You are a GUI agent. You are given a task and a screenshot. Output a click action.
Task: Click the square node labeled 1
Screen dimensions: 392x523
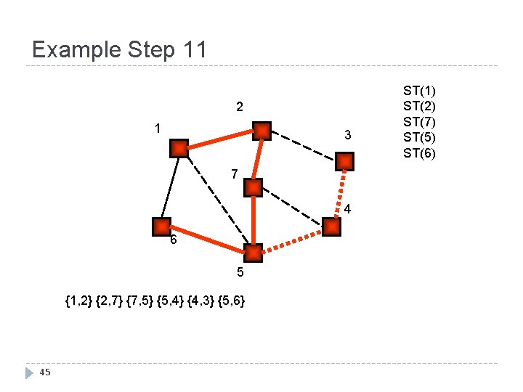pyautogui.click(x=179, y=149)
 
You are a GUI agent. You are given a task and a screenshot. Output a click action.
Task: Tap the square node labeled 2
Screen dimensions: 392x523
pyautogui.click(x=261, y=131)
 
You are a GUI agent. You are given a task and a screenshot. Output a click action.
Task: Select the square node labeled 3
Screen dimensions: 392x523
pyautogui.click(x=346, y=161)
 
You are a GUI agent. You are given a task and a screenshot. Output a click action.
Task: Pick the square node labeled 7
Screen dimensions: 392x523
pyautogui.click(x=253, y=188)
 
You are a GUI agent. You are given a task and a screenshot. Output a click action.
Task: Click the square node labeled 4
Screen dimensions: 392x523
pyautogui.click(x=331, y=227)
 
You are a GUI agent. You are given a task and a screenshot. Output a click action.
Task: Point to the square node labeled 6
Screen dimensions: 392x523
pyautogui.click(x=161, y=226)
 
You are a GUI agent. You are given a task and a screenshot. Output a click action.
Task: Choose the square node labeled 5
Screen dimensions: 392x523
pyautogui.click(x=253, y=253)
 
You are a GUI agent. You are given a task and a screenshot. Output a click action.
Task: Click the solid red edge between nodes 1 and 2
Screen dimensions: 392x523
pyautogui.click(x=220, y=140)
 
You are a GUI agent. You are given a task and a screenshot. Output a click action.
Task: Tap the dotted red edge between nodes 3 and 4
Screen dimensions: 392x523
pyautogui.click(x=338, y=194)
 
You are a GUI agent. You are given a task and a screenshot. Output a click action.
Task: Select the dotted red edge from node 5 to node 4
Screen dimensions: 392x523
pyautogui.click(x=292, y=240)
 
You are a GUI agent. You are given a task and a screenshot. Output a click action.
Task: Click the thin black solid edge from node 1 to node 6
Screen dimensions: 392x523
pyautogui.click(x=170, y=187)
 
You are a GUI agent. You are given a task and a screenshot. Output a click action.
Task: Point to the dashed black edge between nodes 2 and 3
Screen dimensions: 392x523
pyautogui.click(x=304, y=146)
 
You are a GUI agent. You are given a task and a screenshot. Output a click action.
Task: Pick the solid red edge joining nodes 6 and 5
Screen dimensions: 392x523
pyautogui.click(x=207, y=240)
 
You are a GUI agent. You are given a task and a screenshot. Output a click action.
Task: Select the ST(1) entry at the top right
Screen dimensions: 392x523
pyautogui.click(x=420, y=91)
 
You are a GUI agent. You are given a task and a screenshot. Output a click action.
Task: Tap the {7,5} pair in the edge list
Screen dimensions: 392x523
pyautogui.click(x=140, y=299)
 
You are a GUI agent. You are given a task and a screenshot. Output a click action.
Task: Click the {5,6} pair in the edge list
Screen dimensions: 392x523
pyautogui.click(x=230, y=299)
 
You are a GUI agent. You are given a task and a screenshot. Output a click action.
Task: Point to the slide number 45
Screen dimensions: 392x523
pyautogui.click(x=45, y=372)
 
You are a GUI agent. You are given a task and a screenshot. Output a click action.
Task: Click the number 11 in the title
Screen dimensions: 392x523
pyautogui.click(x=195, y=50)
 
